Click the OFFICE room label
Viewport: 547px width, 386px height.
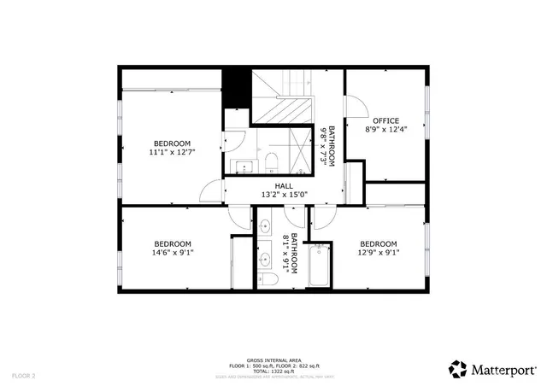click(x=385, y=120)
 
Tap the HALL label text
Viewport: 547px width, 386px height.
click(x=283, y=186)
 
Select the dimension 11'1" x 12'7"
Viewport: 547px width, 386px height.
click(x=172, y=153)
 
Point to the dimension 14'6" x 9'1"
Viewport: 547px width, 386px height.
click(x=172, y=253)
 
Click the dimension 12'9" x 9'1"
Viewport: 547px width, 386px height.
click(x=378, y=253)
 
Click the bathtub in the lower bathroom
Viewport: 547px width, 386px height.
click(x=320, y=266)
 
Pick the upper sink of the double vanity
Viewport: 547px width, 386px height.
click(x=265, y=226)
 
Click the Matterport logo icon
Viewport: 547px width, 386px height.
click(x=459, y=369)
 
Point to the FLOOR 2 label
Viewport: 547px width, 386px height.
click(x=23, y=375)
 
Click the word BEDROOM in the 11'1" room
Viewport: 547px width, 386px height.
click(x=172, y=143)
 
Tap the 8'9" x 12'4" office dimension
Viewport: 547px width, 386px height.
click(x=385, y=130)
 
